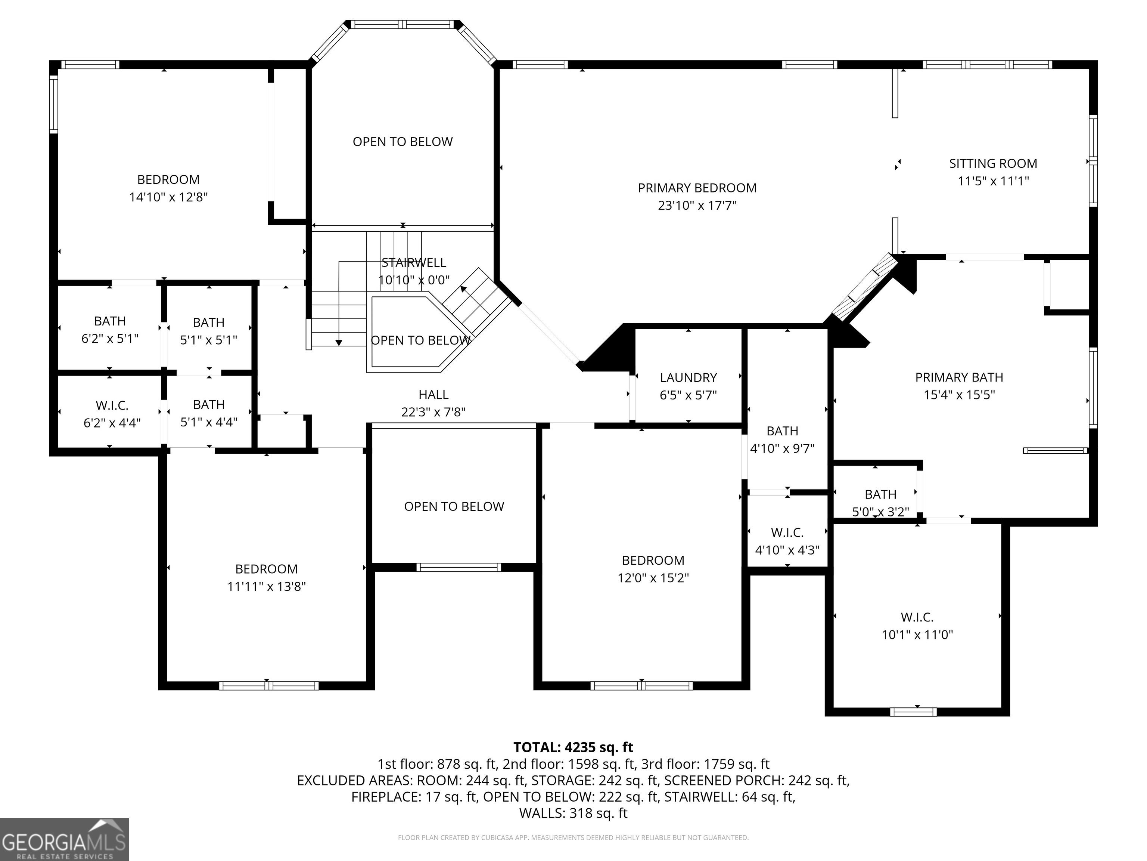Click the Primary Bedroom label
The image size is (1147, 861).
pyautogui.click(x=697, y=188)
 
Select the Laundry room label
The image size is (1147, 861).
pyautogui.click(x=688, y=378)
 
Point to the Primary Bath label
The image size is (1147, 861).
pyautogui.click(x=959, y=377)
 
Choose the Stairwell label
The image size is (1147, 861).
pyautogui.click(x=414, y=263)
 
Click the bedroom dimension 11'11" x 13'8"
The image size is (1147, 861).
pyautogui.click(x=267, y=586)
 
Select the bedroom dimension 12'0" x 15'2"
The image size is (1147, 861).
pyautogui.click(x=653, y=578)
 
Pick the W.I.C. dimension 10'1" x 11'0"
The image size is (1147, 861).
pyautogui.click(x=917, y=635)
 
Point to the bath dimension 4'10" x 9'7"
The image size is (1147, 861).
pyautogui.click(x=783, y=448)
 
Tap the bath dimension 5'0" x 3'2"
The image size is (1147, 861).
pyautogui.click(x=880, y=512)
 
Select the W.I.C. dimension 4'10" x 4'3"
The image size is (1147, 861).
pyautogui.click(x=787, y=550)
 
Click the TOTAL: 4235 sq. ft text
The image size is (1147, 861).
pyautogui.click(x=573, y=747)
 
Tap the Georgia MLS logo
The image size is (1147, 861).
pyautogui.click(x=64, y=839)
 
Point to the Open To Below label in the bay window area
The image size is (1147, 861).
pyautogui.click(x=402, y=142)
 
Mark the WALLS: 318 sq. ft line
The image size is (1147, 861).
pyautogui.click(x=573, y=813)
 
